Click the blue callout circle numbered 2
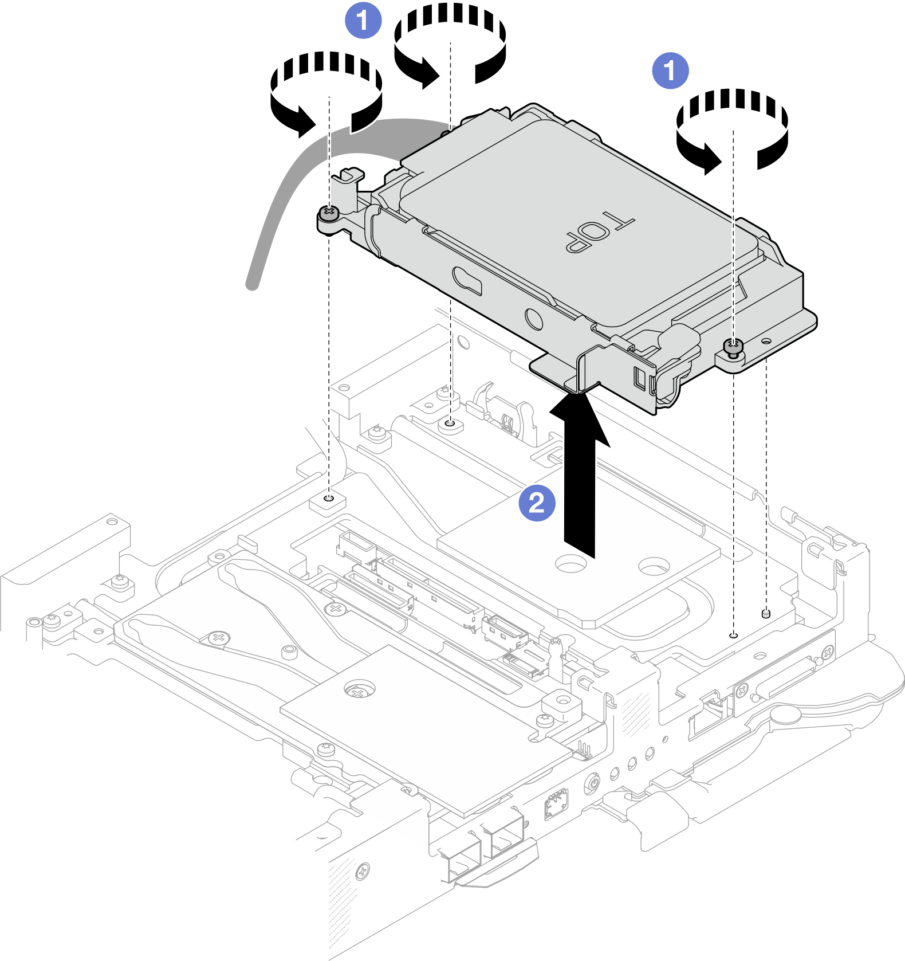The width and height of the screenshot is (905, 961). pos(537,504)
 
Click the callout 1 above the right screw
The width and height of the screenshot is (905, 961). pos(670,71)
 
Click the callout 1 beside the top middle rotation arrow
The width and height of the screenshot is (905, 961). pos(363,21)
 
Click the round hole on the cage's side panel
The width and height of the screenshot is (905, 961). pos(533,318)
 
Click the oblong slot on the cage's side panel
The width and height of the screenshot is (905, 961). pos(467,280)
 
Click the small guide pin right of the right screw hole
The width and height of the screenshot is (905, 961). pos(766,614)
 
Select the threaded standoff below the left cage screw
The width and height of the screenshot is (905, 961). pos(328,500)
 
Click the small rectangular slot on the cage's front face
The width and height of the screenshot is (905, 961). pos(640,379)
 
